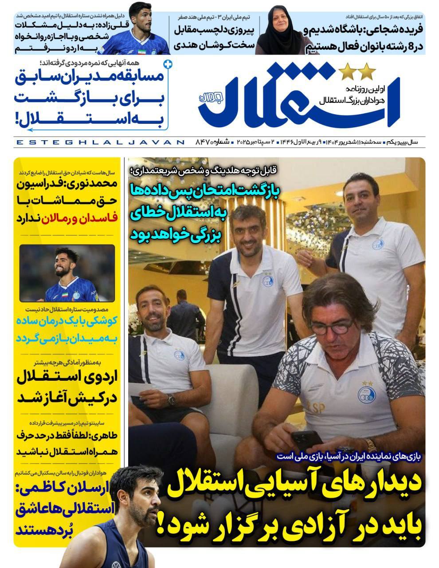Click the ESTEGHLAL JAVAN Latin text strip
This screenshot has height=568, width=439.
pos(100,142)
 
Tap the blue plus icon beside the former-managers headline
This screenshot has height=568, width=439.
pos(167,64)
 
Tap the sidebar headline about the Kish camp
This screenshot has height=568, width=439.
pos(67,387)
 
